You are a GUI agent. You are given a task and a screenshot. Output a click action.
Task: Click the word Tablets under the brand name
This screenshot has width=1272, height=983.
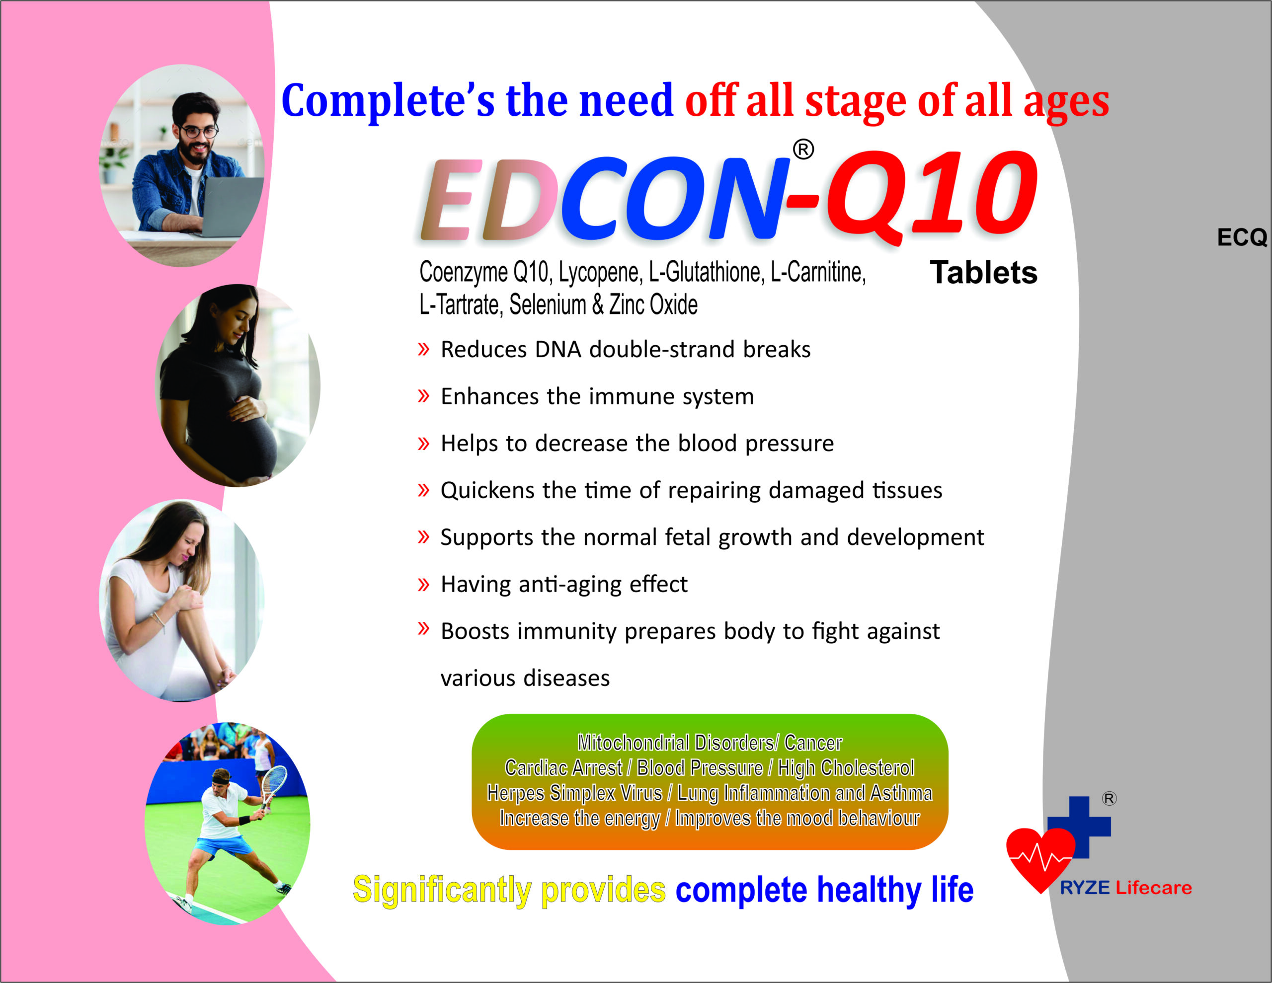click(x=983, y=273)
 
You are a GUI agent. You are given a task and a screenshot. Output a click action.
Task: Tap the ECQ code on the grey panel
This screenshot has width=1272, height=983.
click(x=1242, y=237)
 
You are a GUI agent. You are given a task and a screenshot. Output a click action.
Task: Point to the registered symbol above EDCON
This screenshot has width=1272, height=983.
click(x=803, y=150)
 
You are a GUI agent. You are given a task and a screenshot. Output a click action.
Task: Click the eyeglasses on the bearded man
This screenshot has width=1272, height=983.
click(x=199, y=132)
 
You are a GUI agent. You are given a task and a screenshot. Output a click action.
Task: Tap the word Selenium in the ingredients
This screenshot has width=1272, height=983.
click(x=548, y=304)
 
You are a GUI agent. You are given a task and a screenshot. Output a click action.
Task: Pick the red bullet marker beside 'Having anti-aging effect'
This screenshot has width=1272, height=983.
click(x=423, y=584)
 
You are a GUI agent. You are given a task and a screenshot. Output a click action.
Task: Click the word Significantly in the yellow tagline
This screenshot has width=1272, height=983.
click(x=442, y=889)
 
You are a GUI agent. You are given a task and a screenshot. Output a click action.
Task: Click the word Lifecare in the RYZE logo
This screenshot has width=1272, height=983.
click(x=1153, y=888)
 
